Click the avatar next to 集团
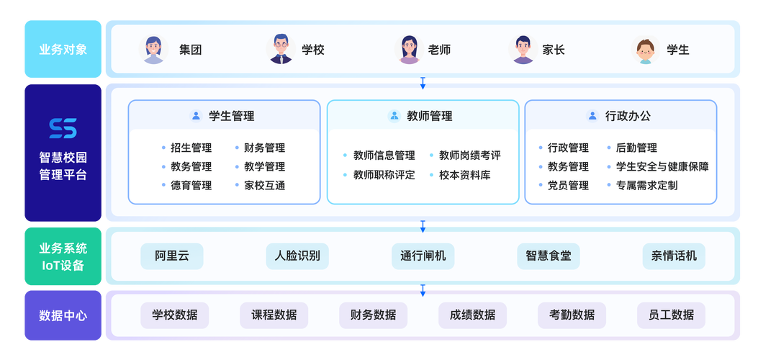[x=153, y=50]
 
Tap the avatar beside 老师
[x=409, y=50]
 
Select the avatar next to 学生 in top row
[x=646, y=50]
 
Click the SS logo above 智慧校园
[x=63, y=128]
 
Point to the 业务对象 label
[x=63, y=50]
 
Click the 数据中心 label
[x=63, y=315]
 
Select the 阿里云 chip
[x=171, y=256]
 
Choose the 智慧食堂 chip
[x=548, y=256]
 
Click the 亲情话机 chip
[x=674, y=256]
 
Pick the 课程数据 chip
[x=274, y=315]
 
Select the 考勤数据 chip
[x=572, y=315]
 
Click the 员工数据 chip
[x=671, y=315]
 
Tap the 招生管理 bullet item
[x=191, y=148]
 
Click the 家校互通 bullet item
[x=264, y=185]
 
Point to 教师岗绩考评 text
[x=469, y=156]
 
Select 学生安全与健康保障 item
[x=662, y=166]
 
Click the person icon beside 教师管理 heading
[x=394, y=116]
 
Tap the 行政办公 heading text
[x=628, y=116]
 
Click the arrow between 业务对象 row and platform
[x=423, y=83]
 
